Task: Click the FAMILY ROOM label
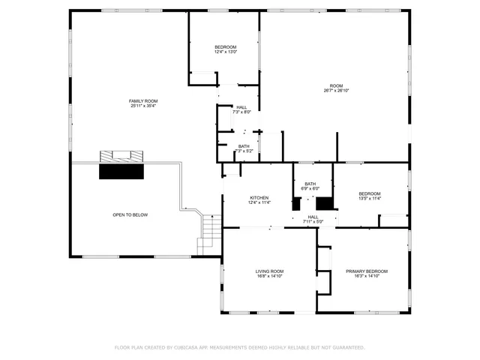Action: tap(142, 101)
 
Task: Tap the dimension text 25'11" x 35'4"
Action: tap(142, 106)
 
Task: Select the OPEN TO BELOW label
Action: tap(130, 214)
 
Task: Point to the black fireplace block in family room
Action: tap(121, 171)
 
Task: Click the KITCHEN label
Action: tap(259, 198)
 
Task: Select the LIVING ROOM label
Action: tap(270, 271)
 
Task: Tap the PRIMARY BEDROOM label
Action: tap(367, 271)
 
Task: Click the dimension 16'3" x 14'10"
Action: tap(367, 276)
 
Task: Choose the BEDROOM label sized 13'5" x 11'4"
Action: tap(370, 193)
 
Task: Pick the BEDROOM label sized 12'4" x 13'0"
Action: tap(226, 46)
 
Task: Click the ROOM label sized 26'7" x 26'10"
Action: tap(336, 85)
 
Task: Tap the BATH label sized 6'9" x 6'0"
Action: tap(310, 184)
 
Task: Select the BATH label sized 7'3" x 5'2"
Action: tap(244, 146)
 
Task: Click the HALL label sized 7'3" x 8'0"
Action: tap(241, 107)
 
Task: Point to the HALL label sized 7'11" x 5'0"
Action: tap(313, 217)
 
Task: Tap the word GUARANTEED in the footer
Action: tap(348, 347)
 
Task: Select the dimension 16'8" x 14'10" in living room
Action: tap(270, 276)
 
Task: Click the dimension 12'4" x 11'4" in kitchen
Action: tap(259, 202)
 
